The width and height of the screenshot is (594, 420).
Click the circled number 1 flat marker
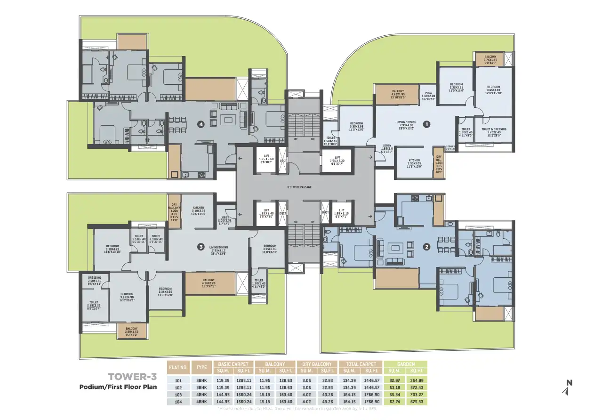pyautogui.click(x=427, y=125)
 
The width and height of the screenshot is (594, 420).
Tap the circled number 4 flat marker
pyautogui.click(x=201, y=125)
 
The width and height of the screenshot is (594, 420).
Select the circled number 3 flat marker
pyautogui.click(x=201, y=246)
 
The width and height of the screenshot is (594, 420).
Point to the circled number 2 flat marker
pyautogui.click(x=427, y=246)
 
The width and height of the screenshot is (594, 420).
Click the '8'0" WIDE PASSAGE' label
pyautogui.click(x=299, y=187)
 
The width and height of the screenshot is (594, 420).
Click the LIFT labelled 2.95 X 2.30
pyautogui.click(x=337, y=160)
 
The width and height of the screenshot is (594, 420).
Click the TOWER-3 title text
pyautogui.click(x=132, y=377)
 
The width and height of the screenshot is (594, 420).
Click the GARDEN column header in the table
pyautogui.click(x=406, y=364)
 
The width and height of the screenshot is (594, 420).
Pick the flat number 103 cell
pyautogui.click(x=178, y=395)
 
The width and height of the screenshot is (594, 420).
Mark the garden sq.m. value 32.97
pyautogui.click(x=394, y=380)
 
